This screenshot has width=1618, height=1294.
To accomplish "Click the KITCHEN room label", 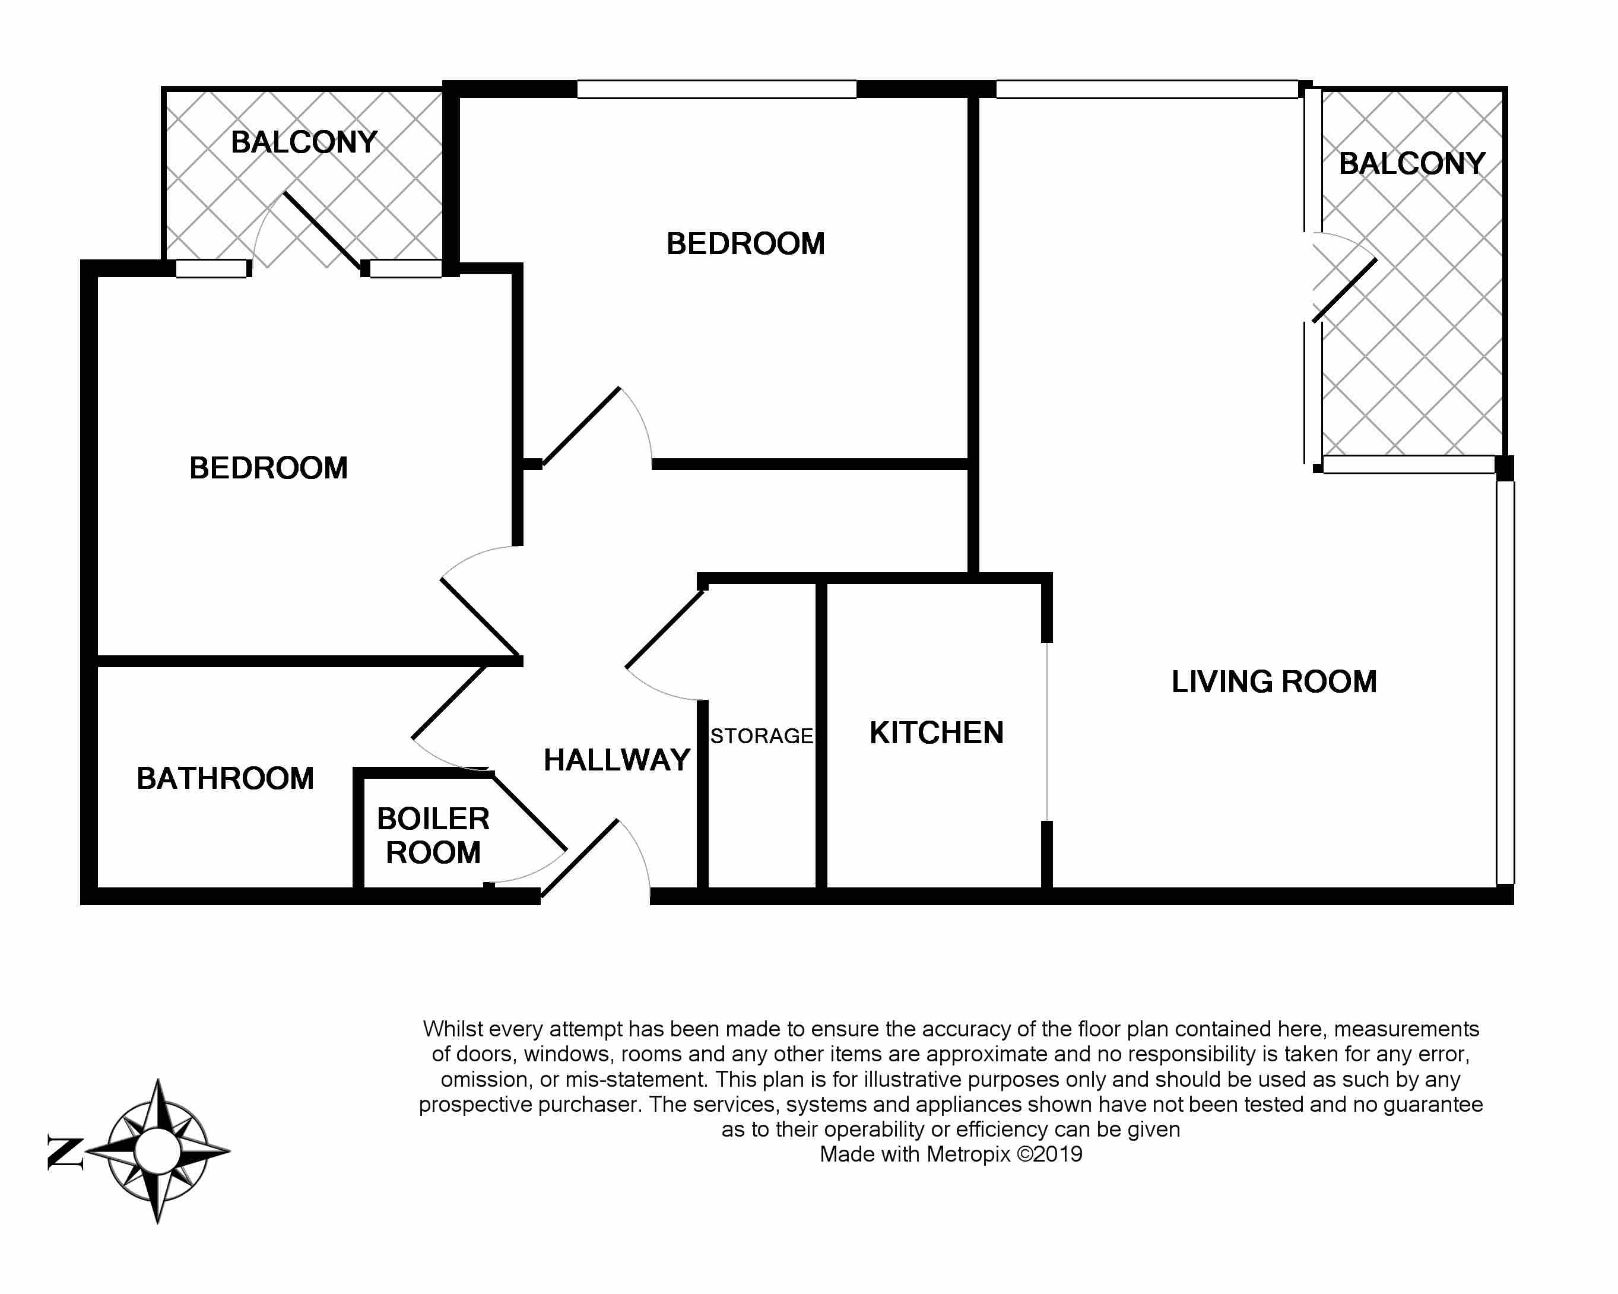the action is (937, 733).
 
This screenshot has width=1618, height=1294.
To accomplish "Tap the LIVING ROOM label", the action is (1274, 682).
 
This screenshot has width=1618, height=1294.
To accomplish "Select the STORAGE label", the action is (762, 736).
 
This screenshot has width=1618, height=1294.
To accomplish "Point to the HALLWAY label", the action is (617, 760).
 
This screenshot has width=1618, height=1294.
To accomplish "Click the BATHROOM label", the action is (225, 778).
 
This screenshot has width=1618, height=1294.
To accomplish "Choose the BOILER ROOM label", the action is (433, 835).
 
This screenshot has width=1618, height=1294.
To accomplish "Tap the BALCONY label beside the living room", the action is (1413, 164).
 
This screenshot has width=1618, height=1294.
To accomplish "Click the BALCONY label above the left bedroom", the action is (304, 142).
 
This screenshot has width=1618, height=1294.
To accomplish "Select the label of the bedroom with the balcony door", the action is (269, 468).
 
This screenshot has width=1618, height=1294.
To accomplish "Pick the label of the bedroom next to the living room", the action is (746, 244).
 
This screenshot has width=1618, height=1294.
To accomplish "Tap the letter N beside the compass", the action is (65, 1152).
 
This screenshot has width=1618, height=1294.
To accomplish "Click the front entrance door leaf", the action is (579, 858).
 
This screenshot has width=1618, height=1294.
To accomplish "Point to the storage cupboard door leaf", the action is (665, 629).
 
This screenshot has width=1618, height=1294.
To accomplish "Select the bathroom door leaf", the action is (449, 702).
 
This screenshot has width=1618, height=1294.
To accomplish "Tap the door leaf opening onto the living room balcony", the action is (1345, 290).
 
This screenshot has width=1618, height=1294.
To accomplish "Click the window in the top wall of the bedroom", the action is (716, 89).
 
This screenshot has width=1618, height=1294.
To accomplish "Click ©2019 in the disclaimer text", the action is (1050, 1154).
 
